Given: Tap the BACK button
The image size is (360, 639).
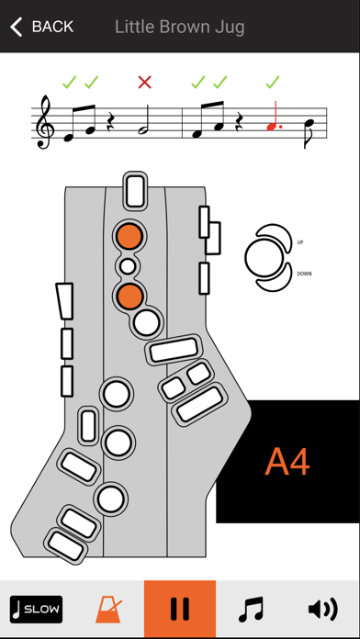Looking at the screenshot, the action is click(x=41, y=27).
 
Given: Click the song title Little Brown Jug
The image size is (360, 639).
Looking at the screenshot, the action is click(x=179, y=27).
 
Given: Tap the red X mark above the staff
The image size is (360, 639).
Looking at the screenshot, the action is click(x=145, y=83).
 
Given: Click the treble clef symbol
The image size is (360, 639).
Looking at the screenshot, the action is click(x=43, y=122).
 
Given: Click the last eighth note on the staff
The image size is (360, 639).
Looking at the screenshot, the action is click(x=309, y=133).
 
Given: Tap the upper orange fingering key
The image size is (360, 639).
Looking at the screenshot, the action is click(x=129, y=236).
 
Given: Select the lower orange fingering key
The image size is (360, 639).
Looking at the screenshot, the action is click(x=129, y=296).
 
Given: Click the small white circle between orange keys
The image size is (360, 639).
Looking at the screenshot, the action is click(x=128, y=266).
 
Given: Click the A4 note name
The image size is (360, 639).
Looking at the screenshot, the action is click(x=287, y=462).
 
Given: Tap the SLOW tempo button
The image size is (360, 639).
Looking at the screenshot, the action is click(x=37, y=610).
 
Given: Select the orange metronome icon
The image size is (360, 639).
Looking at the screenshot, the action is click(x=108, y=610).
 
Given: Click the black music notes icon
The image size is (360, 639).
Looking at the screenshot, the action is click(x=251, y=610).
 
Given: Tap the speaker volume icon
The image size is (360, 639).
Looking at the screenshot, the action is click(x=323, y=610).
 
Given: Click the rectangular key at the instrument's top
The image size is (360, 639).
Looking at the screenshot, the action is click(x=135, y=191).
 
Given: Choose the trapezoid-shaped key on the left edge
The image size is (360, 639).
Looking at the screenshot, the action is click(x=65, y=301).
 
